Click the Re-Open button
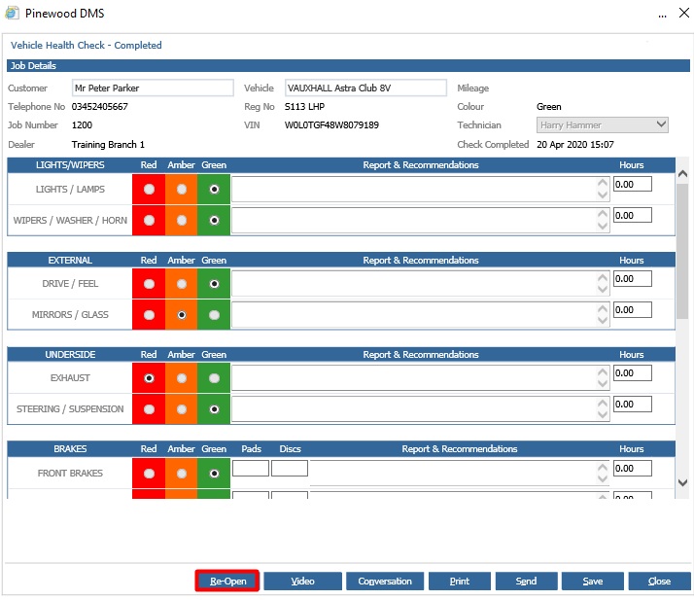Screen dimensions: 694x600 pyautogui.click(x=227, y=581)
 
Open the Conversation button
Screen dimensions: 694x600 pyautogui.click(x=385, y=581)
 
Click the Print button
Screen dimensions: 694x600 pyautogui.click(x=460, y=581)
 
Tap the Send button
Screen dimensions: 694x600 pyautogui.click(x=526, y=581)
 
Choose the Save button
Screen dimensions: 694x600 pyautogui.click(x=593, y=581)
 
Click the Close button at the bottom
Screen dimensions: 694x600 pyautogui.click(x=659, y=581)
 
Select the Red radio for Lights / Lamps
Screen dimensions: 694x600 pyautogui.click(x=149, y=189)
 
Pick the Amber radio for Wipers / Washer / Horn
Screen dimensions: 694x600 pyautogui.click(x=182, y=220)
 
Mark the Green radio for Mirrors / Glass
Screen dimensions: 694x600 pyautogui.click(x=214, y=315)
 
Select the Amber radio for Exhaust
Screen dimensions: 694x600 pyautogui.click(x=182, y=378)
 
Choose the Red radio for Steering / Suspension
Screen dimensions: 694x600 pyautogui.click(x=149, y=409)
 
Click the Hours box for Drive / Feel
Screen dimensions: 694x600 pyautogui.click(x=633, y=278)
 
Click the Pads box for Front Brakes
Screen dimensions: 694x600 pyautogui.click(x=251, y=468)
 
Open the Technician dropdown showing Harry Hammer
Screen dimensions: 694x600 pyautogui.click(x=603, y=124)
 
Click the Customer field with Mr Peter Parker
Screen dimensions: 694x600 pyautogui.click(x=153, y=88)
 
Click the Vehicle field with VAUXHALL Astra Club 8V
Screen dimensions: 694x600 pyautogui.click(x=365, y=88)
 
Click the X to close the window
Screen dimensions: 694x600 pyautogui.click(x=684, y=13)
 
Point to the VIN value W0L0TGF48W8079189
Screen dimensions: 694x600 pyautogui.click(x=331, y=124)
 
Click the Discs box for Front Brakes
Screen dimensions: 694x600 pyautogui.click(x=290, y=468)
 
